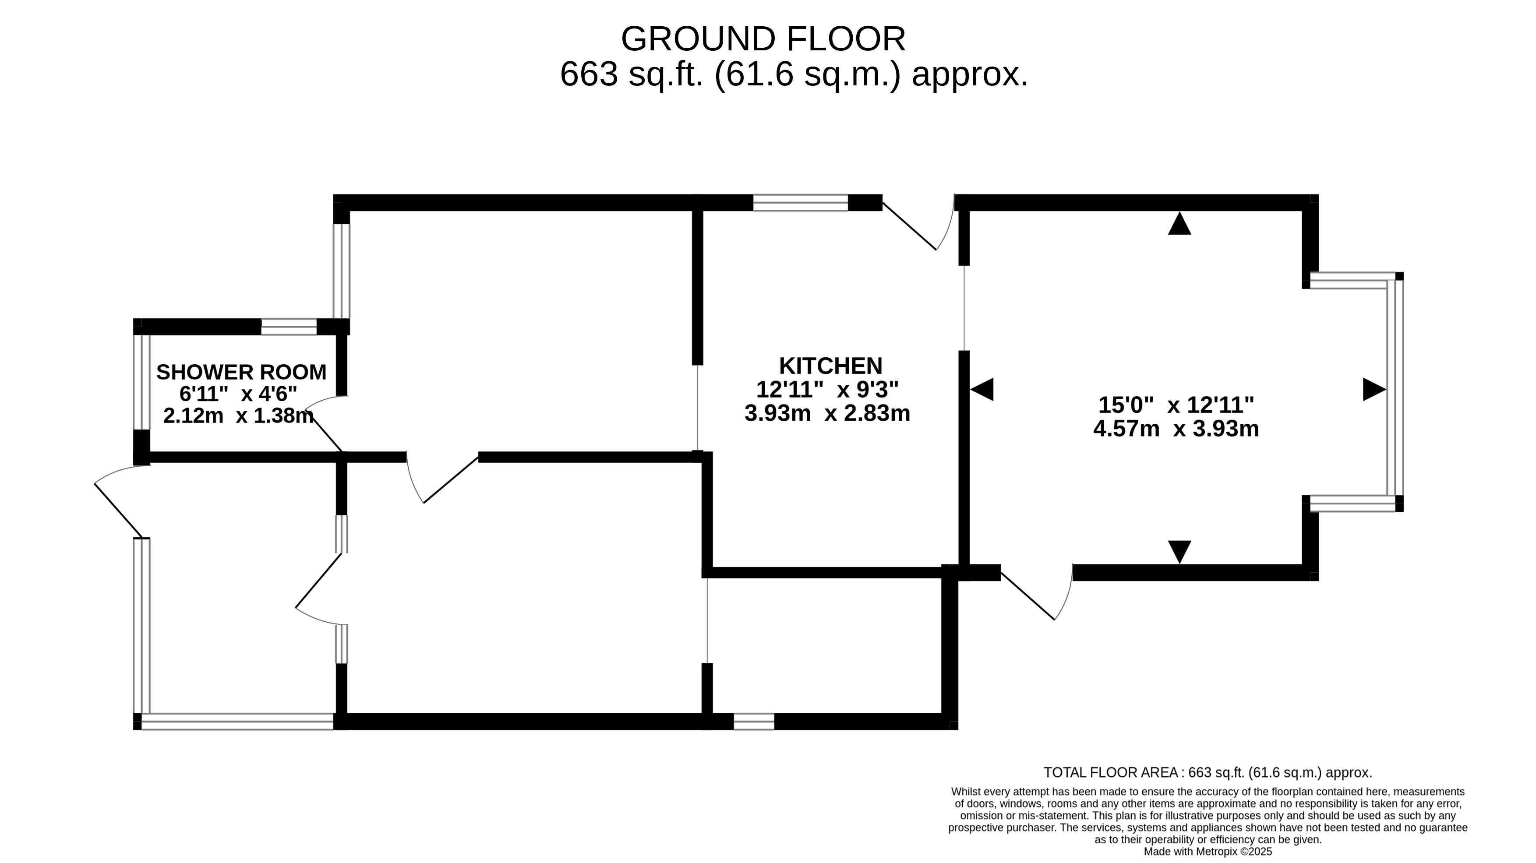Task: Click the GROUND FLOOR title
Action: click(763, 39)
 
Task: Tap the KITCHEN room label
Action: click(830, 365)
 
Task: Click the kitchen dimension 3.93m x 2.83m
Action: click(828, 413)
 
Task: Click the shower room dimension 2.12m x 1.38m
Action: click(239, 416)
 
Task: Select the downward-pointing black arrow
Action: click(1179, 552)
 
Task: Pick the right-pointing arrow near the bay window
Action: click(1374, 389)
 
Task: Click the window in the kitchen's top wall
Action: click(801, 203)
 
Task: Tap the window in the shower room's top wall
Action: click(289, 327)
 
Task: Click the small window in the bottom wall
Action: click(754, 722)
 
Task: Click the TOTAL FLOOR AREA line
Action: click(1208, 772)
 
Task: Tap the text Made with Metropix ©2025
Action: click(1208, 852)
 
